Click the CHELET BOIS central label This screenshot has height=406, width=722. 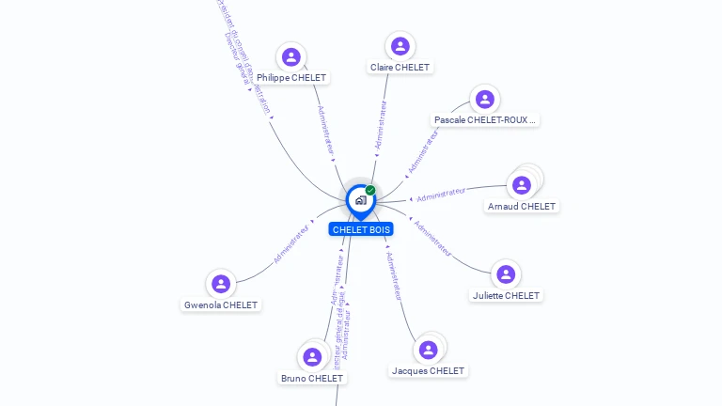(x=361, y=229)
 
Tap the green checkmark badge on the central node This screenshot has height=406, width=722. (x=370, y=191)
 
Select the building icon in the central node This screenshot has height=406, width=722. (x=360, y=199)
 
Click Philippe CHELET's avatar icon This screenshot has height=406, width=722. (x=291, y=56)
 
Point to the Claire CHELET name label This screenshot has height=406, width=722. (x=400, y=68)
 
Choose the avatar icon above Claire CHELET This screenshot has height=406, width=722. (x=400, y=46)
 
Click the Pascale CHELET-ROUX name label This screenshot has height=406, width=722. (x=485, y=120)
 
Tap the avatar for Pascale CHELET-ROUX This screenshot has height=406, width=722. (x=484, y=99)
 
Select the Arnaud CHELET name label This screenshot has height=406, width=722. (x=522, y=206)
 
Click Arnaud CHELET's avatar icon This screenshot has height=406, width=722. (x=522, y=185)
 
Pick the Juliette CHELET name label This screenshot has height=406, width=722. (x=506, y=295)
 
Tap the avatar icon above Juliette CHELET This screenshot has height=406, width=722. (x=506, y=274)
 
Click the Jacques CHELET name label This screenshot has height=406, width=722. (x=428, y=370)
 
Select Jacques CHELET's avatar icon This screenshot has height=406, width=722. (x=429, y=350)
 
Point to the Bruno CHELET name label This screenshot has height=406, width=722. (x=312, y=378)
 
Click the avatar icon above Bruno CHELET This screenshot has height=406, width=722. (x=312, y=357)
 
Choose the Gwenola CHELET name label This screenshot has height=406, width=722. (x=221, y=304)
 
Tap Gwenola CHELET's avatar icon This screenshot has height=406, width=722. (x=221, y=284)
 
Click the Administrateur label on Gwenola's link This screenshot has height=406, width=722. (x=291, y=243)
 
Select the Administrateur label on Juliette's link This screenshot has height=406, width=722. (x=432, y=239)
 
